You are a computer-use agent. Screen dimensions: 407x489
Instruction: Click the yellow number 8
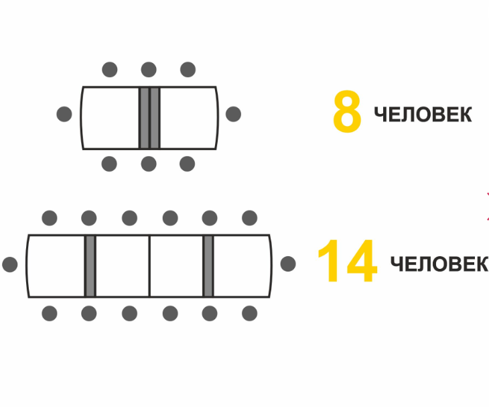pos(347,113)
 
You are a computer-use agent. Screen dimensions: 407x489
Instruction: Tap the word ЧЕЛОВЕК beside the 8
pos(423,115)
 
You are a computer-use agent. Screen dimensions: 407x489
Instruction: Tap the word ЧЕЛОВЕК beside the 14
pos(439,264)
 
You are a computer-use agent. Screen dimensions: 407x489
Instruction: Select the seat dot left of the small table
pos(64,114)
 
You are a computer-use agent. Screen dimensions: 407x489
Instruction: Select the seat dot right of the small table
pos(233,114)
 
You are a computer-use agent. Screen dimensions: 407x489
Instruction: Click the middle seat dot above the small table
pos(149,70)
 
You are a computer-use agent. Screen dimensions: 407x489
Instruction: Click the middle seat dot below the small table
pos(149,164)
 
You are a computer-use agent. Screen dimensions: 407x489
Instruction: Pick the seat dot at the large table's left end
pos(10,264)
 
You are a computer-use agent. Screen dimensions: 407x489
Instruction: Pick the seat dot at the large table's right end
pos(288,264)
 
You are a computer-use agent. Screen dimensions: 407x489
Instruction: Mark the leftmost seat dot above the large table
pos(50,218)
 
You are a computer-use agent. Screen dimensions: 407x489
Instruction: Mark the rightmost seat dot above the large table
pos(249,218)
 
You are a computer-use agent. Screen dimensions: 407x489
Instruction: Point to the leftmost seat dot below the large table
pos(50,313)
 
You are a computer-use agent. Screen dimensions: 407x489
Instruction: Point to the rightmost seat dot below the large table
pos(249,313)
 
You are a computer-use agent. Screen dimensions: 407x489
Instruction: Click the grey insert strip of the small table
pos(149,117)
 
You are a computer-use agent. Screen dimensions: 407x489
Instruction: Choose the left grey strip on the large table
pos(90,266)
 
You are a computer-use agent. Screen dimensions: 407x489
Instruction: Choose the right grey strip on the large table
pos(208,266)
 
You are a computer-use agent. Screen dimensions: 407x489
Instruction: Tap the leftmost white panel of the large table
pos(57,266)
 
